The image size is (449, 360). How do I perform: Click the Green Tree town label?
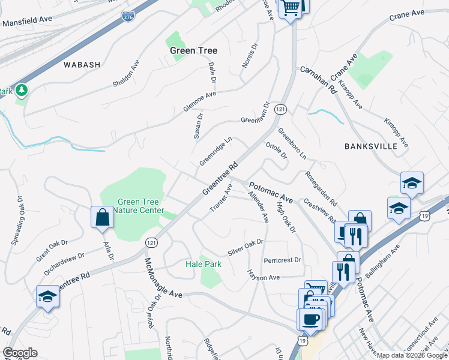click(193, 51)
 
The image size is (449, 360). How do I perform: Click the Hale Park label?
click(203, 264)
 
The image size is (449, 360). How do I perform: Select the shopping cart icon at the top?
click(291, 8)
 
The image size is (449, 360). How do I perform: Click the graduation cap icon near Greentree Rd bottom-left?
click(47, 296)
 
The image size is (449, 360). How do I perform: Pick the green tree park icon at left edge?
click(22, 90)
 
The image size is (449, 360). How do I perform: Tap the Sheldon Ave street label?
click(126, 73)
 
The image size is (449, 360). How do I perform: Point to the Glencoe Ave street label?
click(199, 102)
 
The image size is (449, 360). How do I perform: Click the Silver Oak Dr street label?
click(246, 247)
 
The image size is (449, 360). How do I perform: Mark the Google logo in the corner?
click(20, 353)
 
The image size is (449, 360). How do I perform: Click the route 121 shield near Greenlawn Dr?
click(280, 109)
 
